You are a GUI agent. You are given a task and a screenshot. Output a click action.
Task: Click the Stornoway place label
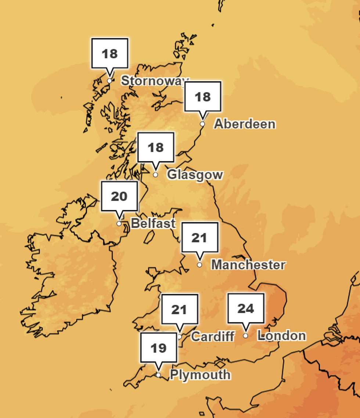click(x=154, y=81)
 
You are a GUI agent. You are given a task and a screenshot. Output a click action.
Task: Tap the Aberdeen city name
click(x=245, y=124)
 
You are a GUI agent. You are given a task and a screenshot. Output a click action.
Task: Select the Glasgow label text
click(x=195, y=174)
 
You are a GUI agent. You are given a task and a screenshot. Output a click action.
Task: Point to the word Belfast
click(x=153, y=223)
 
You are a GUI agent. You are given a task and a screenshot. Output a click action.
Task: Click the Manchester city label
click(x=248, y=264)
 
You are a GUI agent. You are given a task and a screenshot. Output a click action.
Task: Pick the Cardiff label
click(x=213, y=336)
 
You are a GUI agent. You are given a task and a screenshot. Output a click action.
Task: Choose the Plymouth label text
click(x=200, y=375)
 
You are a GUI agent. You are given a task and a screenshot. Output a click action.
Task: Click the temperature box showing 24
click(x=246, y=309)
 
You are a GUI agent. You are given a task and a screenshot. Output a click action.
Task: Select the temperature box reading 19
click(x=159, y=347)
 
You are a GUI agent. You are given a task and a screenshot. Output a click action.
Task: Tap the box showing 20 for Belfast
click(x=119, y=196)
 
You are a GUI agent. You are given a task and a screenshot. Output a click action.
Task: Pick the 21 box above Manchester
click(x=199, y=238)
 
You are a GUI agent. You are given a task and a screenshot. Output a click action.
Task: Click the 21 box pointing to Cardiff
click(x=179, y=310)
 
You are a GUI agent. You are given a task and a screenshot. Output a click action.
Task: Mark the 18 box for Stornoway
click(x=109, y=54)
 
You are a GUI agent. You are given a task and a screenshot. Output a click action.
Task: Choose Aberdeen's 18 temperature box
click(x=202, y=97)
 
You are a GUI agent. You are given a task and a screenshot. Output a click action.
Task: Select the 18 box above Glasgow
click(x=155, y=147)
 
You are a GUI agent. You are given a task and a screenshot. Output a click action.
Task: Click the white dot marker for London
click(x=245, y=335)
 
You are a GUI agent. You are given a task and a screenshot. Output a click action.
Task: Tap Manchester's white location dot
click(x=199, y=264)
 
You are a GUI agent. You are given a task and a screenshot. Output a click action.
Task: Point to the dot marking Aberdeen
click(x=202, y=124)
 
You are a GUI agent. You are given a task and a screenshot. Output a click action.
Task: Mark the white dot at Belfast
click(x=119, y=223)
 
